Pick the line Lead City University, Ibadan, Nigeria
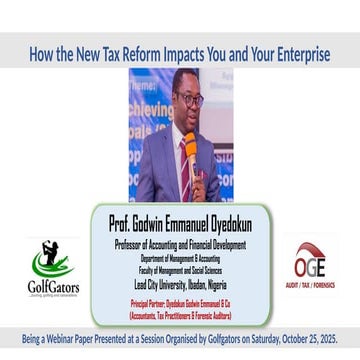[x=179, y=284]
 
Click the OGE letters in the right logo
[x=310, y=267]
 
